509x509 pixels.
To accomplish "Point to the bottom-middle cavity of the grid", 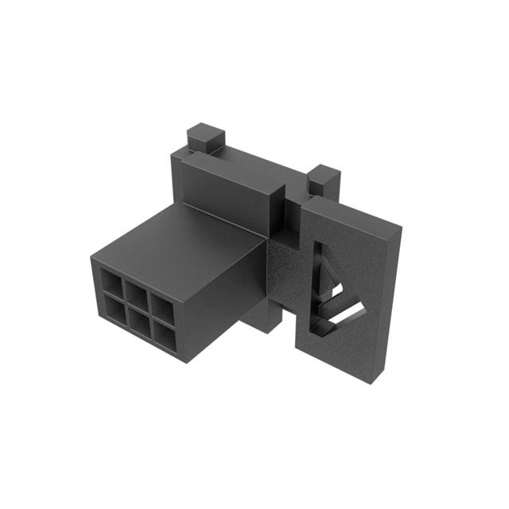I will pos(140,321).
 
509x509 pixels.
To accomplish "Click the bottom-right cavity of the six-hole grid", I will pos(165,336).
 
